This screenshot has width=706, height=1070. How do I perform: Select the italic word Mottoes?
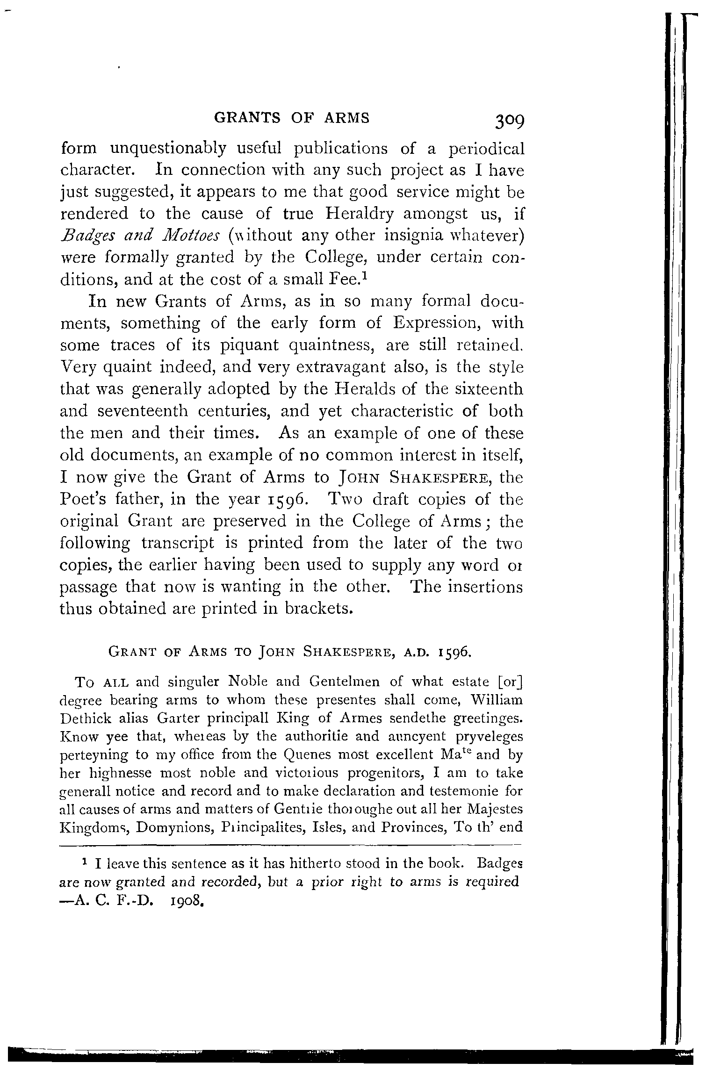coord(187,235)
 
